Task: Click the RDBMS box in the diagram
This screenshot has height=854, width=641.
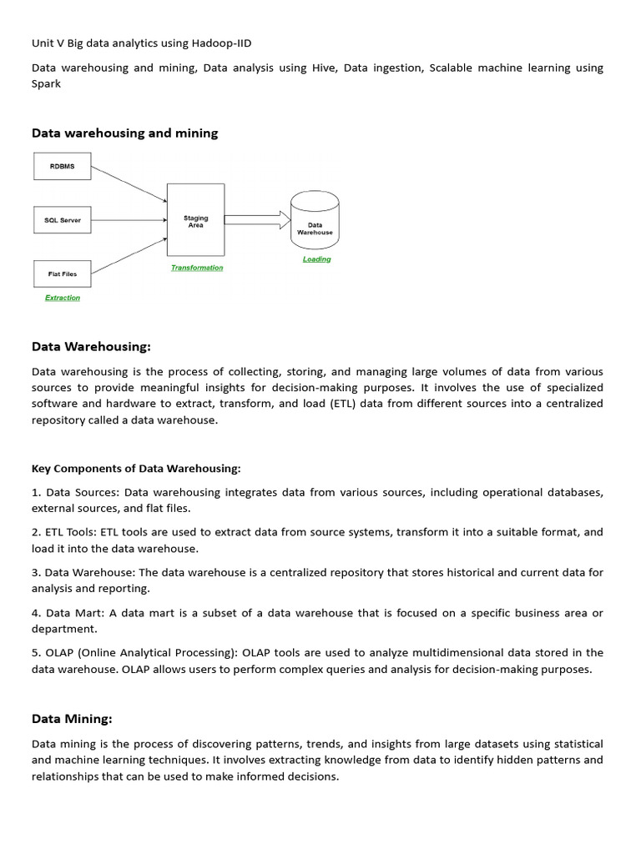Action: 62,166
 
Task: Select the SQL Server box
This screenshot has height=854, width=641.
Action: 62,220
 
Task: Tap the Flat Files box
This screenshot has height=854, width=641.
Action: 62,273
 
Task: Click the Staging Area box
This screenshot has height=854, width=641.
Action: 195,220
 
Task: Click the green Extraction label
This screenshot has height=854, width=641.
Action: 63,298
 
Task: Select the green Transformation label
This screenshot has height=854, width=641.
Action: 197,268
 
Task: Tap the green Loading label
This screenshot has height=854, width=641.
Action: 316,259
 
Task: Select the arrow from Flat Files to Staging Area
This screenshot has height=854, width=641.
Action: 129,254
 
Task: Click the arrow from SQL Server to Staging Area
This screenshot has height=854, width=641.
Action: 129,220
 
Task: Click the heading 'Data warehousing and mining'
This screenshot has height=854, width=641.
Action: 124,133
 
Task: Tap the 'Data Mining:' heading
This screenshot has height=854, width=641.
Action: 72,718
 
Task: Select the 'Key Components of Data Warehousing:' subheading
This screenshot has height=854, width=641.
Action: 136,469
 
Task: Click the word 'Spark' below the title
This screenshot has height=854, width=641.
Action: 46,84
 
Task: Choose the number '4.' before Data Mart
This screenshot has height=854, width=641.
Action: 38,613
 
